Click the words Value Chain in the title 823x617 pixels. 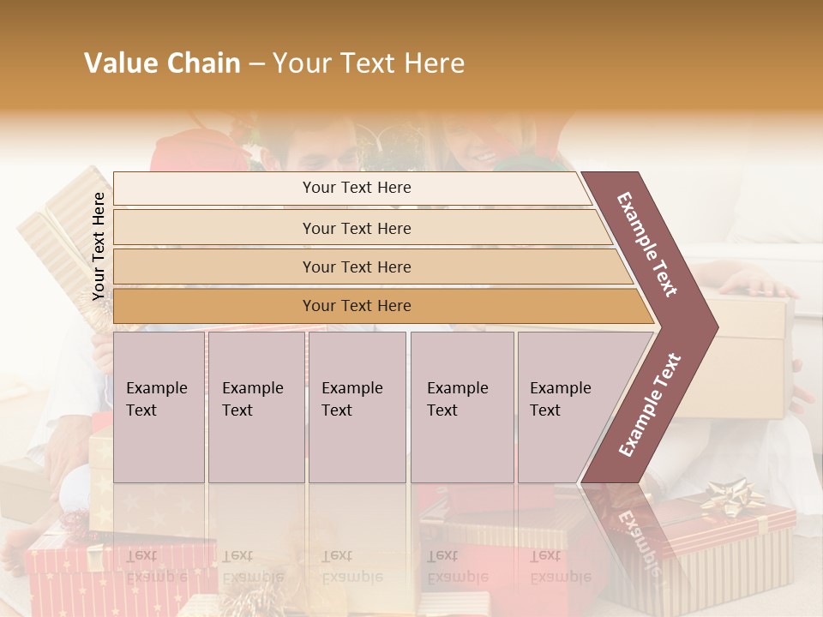pos(162,63)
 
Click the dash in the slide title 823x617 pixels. pos(255,63)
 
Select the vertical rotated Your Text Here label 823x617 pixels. pos(99,246)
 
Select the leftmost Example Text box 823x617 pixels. pos(159,406)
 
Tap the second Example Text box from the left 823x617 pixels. pos(255,406)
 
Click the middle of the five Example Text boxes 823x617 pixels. pos(357,406)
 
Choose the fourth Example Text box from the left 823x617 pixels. pos(461,406)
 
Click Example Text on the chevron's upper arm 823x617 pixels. pos(647,243)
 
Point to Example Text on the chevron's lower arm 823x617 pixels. pos(650,404)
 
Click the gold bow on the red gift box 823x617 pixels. pos(731,497)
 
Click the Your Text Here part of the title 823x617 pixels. pos(369,63)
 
